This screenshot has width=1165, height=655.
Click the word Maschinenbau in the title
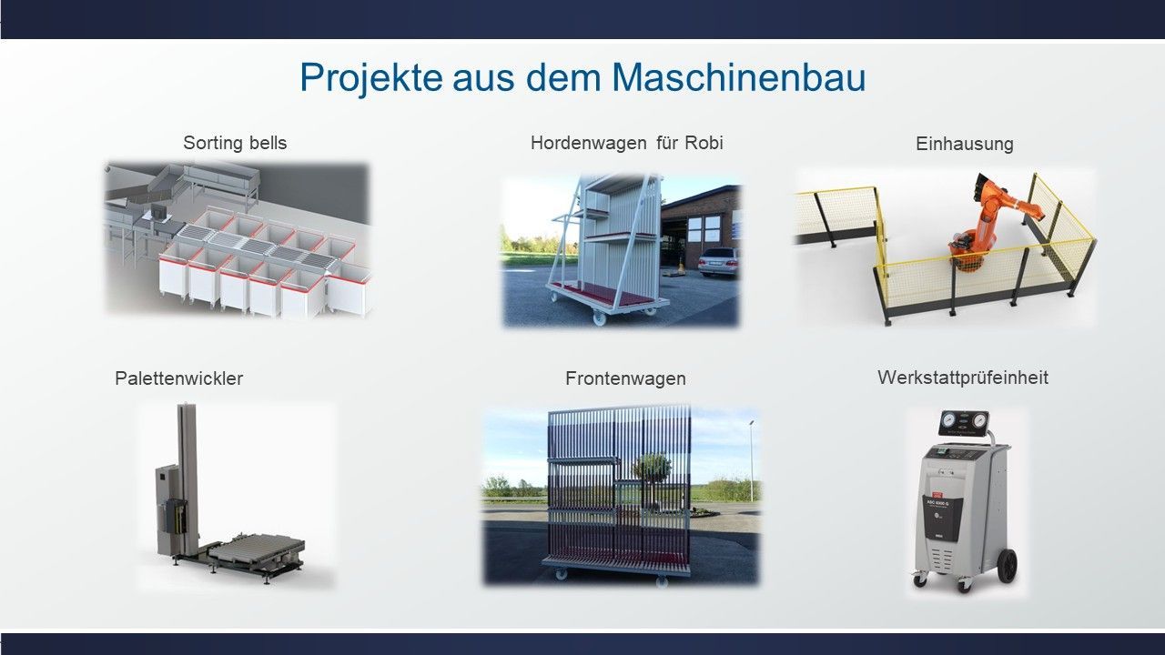point(738,77)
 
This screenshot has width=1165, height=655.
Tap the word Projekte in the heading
point(371,78)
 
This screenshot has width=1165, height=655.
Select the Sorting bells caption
point(235,143)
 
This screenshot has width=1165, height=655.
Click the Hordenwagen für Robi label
point(627,143)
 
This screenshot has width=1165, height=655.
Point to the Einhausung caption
point(965,144)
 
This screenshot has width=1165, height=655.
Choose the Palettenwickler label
point(179,378)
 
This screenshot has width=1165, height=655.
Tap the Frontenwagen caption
point(625,378)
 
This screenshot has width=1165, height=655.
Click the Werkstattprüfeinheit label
point(963,378)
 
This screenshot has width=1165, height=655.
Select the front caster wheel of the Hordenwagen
point(598,317)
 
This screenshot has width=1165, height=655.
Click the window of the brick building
point(704,228)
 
